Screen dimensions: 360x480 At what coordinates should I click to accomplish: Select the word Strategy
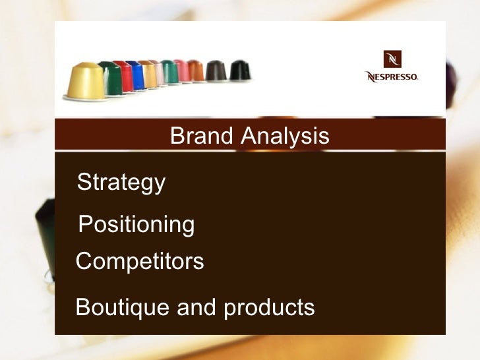coord(121,183)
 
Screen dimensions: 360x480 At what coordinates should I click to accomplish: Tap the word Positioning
coord(136,225)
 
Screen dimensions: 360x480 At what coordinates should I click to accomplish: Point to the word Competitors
coord(140,262)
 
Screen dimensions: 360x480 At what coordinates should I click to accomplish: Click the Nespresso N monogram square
coord(394,59)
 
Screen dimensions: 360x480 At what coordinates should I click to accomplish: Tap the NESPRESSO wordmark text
coord(392,76)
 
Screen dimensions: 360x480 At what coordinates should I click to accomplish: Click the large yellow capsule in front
coord(86,81)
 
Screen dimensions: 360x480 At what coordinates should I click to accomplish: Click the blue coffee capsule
coord(138,74)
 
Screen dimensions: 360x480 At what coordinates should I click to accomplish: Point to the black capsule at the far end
coord(239,70)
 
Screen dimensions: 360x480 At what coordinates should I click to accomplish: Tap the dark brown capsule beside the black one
coord(216,71)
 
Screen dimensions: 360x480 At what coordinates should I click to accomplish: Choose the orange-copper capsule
coord(196,71)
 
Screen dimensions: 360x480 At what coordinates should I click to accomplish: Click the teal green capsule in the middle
coord(169,72)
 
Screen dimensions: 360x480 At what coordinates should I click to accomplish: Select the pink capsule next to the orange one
coord(183,71)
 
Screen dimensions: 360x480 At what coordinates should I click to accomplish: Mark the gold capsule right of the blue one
coord(150,73)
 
